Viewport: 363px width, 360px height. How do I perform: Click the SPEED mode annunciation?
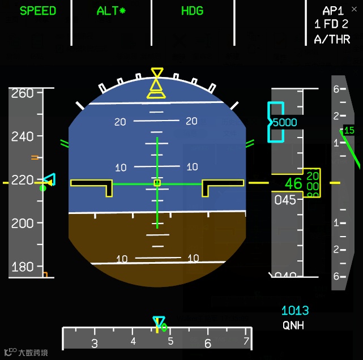38,11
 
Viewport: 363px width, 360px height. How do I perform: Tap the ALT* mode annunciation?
111,11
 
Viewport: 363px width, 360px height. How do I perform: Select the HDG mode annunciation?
192,11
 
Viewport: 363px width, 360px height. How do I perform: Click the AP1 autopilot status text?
333,11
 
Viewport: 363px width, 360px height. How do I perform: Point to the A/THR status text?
332,39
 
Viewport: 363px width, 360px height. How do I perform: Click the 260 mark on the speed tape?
23,93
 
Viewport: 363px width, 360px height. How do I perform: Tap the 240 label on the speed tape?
23,136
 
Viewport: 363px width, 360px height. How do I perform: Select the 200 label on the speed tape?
23,223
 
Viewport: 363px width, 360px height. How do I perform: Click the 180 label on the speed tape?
23,267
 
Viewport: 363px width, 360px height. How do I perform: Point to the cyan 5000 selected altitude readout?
284,122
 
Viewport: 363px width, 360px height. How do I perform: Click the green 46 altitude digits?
293,183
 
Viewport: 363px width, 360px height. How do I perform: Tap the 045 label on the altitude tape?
285,200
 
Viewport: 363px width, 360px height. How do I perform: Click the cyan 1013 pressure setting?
295,310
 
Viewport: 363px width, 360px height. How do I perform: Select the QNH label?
293,325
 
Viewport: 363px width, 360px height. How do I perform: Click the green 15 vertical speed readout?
349,131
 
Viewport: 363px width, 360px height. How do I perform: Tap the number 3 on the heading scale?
95,343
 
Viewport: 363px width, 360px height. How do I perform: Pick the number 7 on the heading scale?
246,341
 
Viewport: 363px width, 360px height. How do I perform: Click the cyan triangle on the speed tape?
50,181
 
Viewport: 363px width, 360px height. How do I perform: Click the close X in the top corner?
355,9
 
